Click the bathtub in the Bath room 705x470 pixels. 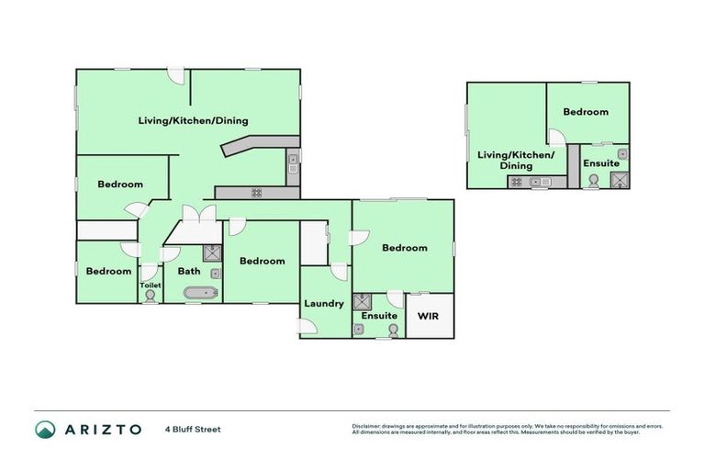click(199, 294)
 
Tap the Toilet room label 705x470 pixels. click(150, 285)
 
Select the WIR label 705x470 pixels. click(429, 316)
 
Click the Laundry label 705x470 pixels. click(324, 304)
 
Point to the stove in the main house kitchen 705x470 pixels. click(256, 193)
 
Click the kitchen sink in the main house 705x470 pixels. click(293, 166)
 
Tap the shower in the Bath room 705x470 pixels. click(211, 253)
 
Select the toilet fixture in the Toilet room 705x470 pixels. click(150, 297)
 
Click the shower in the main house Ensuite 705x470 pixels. click(362, 302)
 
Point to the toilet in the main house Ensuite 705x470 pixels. click(393, 330)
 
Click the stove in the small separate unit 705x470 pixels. click(517, 182)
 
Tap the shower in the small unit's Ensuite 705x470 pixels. click(621, 180)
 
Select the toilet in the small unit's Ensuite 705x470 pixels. click(592, 182)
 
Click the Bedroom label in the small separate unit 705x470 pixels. click(586, 112)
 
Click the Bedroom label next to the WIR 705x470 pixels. click(404, 248)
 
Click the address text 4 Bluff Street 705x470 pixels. click(193, 429)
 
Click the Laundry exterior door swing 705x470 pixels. click(309, 326)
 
